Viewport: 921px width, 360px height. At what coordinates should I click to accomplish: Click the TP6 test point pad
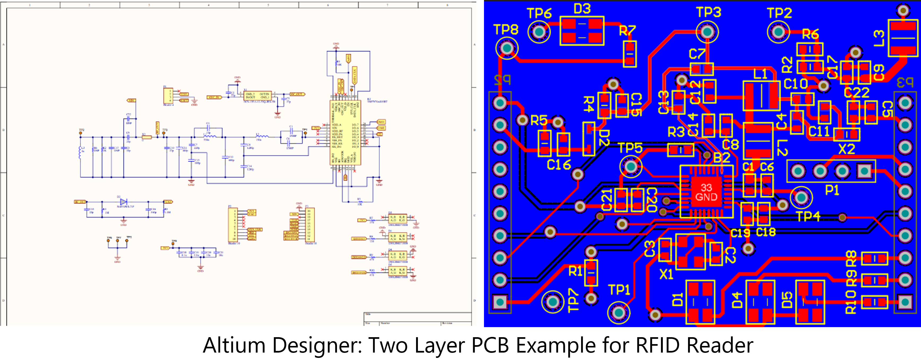point(539,32)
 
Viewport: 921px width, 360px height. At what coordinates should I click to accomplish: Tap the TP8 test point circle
point(507,48)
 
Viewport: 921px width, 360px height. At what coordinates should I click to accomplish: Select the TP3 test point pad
point(707,32)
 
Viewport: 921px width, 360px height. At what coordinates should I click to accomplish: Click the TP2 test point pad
point(778,32)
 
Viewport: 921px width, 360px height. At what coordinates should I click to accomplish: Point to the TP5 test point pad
point(631,166)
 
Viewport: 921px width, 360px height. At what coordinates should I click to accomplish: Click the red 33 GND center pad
point(706,192)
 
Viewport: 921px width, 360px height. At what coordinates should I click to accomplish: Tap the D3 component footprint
point(582,31)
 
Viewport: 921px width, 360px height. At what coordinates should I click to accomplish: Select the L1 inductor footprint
point(761,96)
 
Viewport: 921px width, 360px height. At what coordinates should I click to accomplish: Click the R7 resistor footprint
point(630,54)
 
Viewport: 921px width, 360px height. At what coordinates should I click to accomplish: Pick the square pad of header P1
point(864,171)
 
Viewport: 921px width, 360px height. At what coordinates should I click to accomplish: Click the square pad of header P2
point(500,302)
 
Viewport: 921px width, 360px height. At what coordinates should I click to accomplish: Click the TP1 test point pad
point(619,313)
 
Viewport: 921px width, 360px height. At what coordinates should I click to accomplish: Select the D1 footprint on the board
point(700,302)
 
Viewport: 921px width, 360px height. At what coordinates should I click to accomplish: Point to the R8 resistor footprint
point(875,258)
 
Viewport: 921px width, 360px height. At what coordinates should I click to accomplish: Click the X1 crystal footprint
point(690,251)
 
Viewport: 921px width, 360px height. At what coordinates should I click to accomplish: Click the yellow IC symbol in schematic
point(345,133)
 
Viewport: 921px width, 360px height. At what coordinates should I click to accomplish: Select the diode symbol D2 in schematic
point(123,202)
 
